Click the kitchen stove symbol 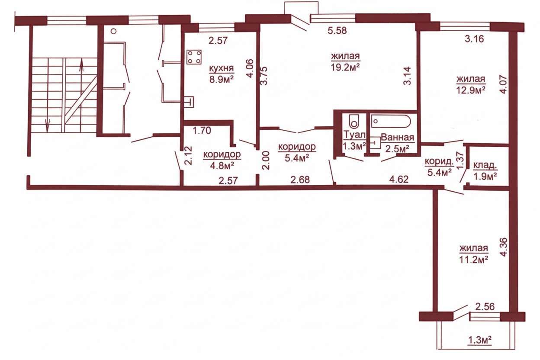point(194,57)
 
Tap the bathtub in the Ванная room point(391,121)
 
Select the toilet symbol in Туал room point(354,121)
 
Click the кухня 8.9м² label point(222,74)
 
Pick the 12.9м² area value point(471,90)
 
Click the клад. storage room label point(485,165)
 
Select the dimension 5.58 point(337,31)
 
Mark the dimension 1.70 point(202,131)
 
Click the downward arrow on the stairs point(48,125)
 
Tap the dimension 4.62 point(399,180)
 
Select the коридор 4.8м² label point(222,160)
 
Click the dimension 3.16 point(474,39)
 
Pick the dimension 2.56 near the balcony point(485,307)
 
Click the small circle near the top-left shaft point(113,31)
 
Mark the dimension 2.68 point(300,180)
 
